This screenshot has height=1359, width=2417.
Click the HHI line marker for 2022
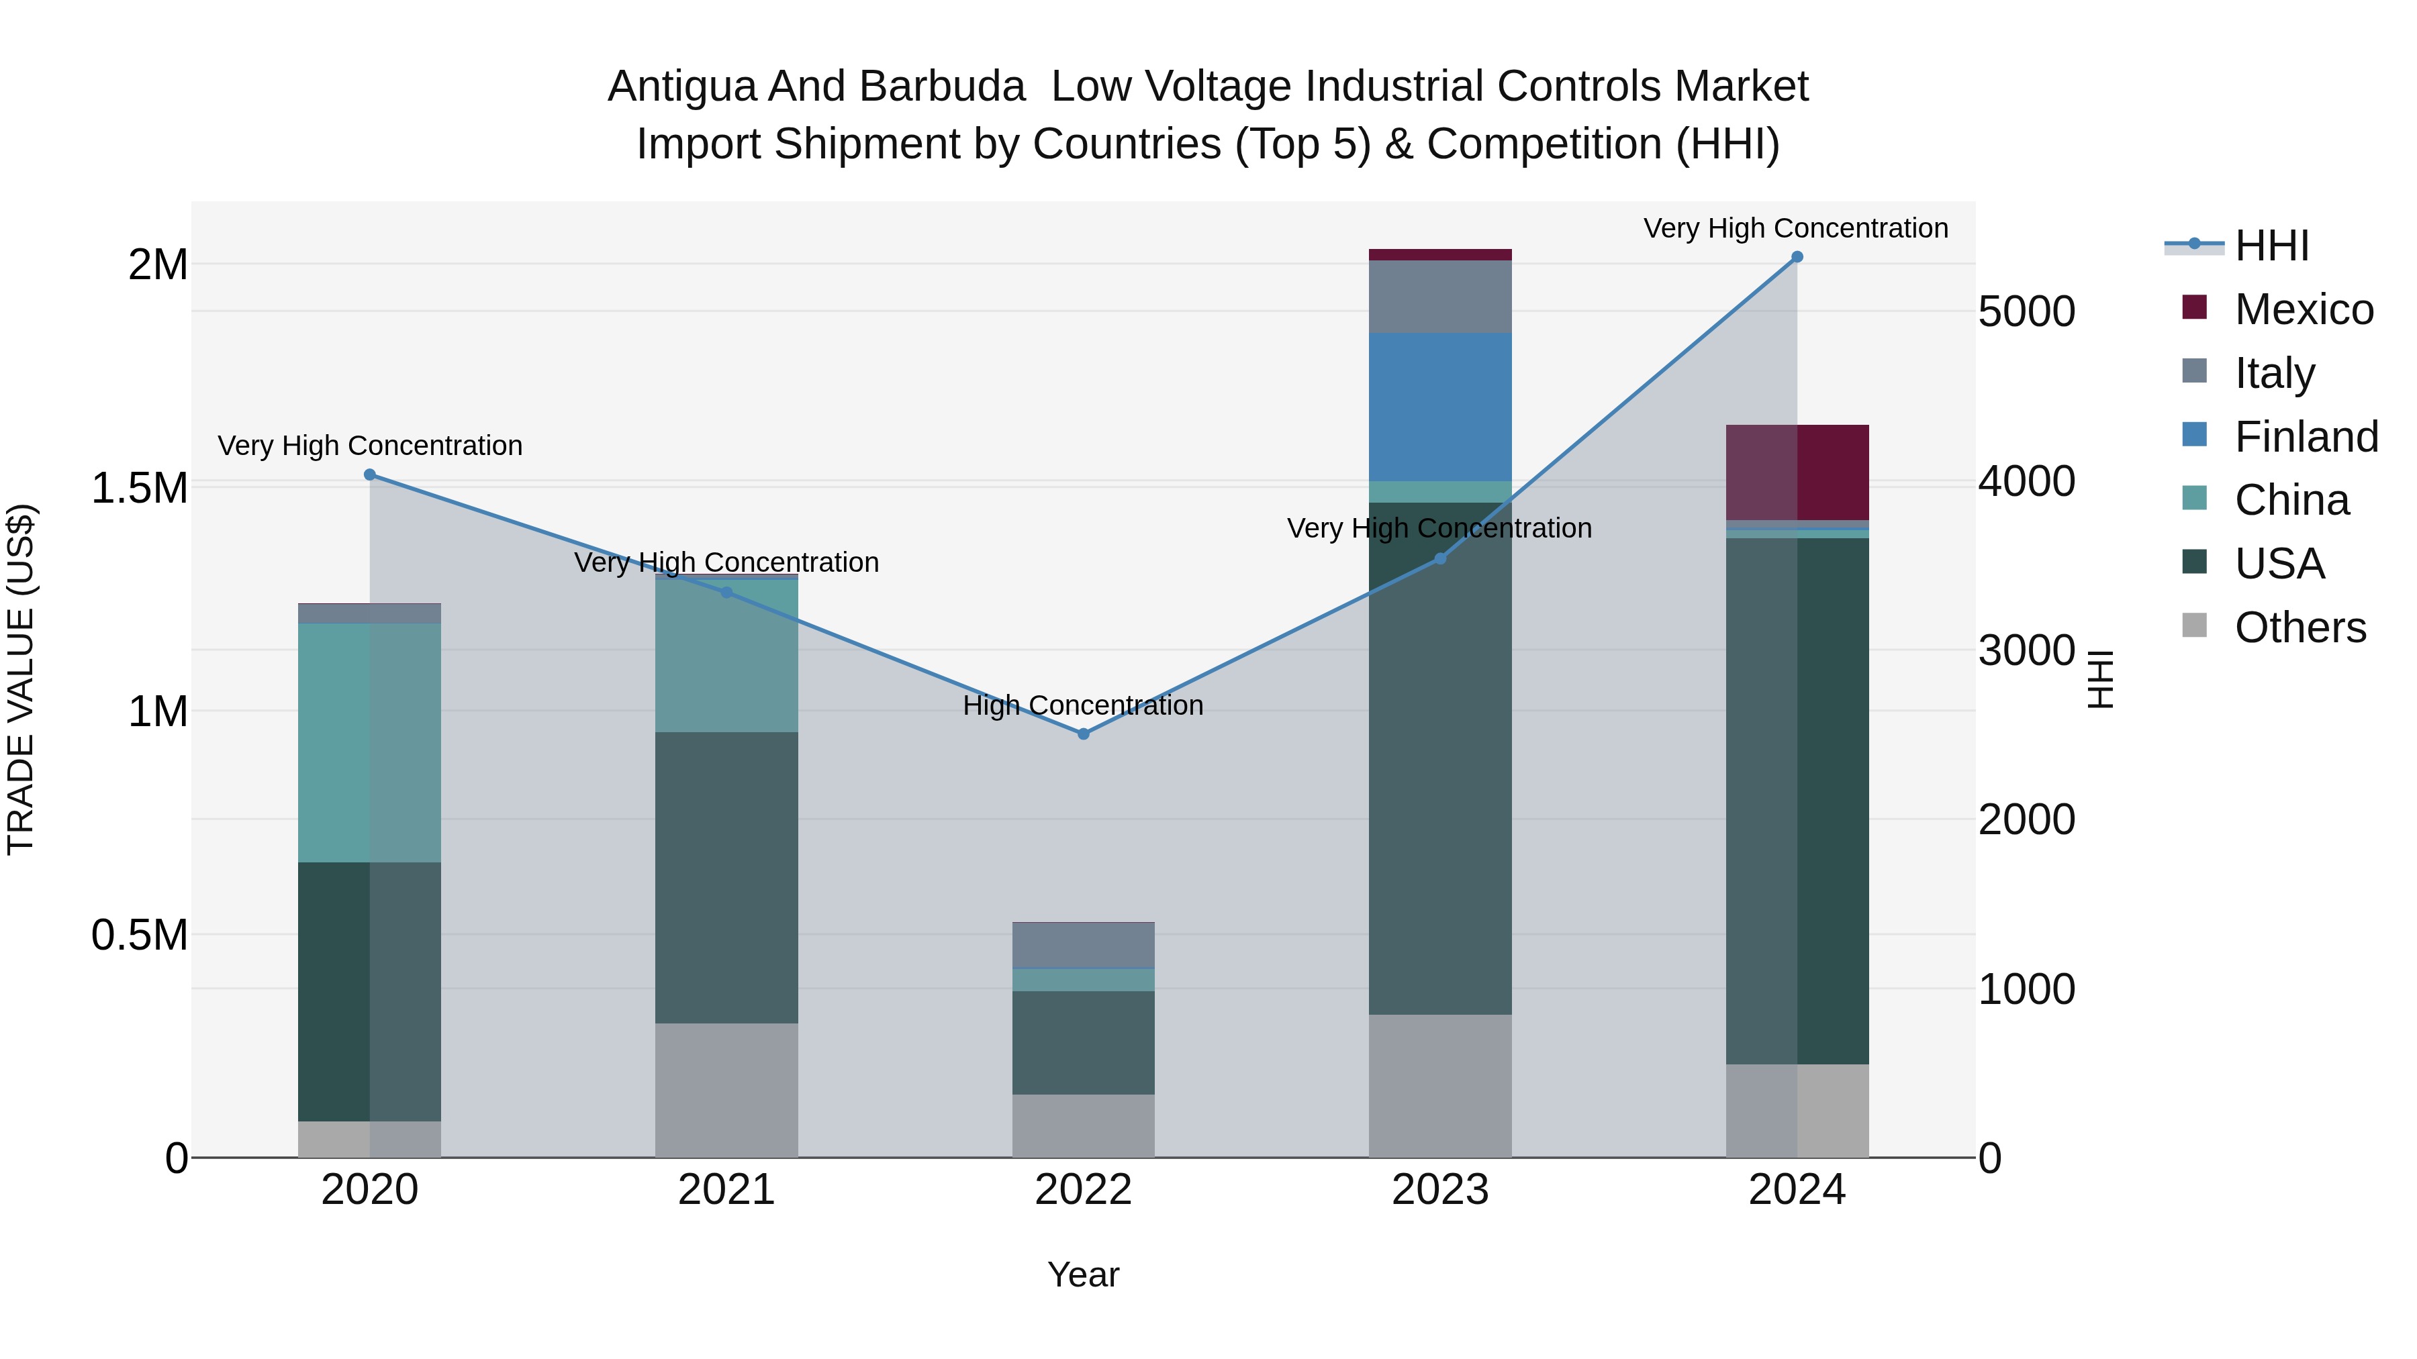(1083, 734)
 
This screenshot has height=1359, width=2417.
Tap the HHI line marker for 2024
(1797, 257)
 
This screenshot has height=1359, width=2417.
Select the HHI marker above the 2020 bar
(370, 474)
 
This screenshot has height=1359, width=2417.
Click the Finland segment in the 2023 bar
(1439, 407)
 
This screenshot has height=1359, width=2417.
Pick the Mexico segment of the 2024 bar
(1797, 472)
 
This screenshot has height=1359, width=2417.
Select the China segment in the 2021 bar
(726, 656)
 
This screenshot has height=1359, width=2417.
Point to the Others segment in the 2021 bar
(726, 1090)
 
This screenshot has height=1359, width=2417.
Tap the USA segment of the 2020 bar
(370, 991)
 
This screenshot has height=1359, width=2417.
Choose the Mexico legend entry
(2303, 309)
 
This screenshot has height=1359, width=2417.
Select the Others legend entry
(2299, 627)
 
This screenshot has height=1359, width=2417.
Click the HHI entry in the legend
(2271, 246)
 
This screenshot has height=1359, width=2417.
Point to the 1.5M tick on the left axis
(139, 489)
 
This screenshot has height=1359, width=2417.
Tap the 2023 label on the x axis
(1439, 1190)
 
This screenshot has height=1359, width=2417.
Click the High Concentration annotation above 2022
(1083, 705)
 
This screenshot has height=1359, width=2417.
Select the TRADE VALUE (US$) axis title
(21, 679)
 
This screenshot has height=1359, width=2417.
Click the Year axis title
(1083, 1274)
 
